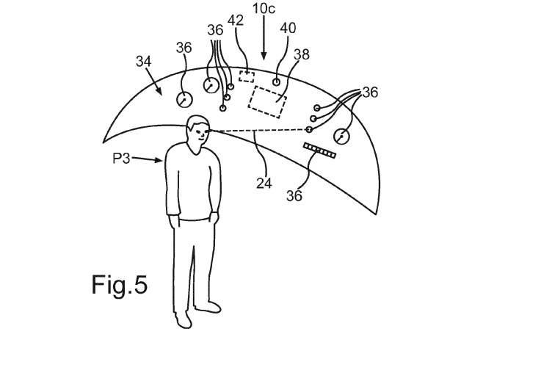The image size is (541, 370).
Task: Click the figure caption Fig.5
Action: point(120,284)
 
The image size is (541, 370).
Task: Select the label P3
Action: point(121,157)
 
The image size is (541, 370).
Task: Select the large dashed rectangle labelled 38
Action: point(268,101)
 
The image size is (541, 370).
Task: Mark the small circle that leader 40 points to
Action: point(277,81)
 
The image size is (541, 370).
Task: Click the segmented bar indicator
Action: point(319,150)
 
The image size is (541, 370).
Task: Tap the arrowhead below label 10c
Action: point(265,58)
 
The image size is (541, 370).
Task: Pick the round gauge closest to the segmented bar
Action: point(341,136)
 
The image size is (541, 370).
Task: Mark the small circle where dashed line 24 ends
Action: point(309,128)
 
